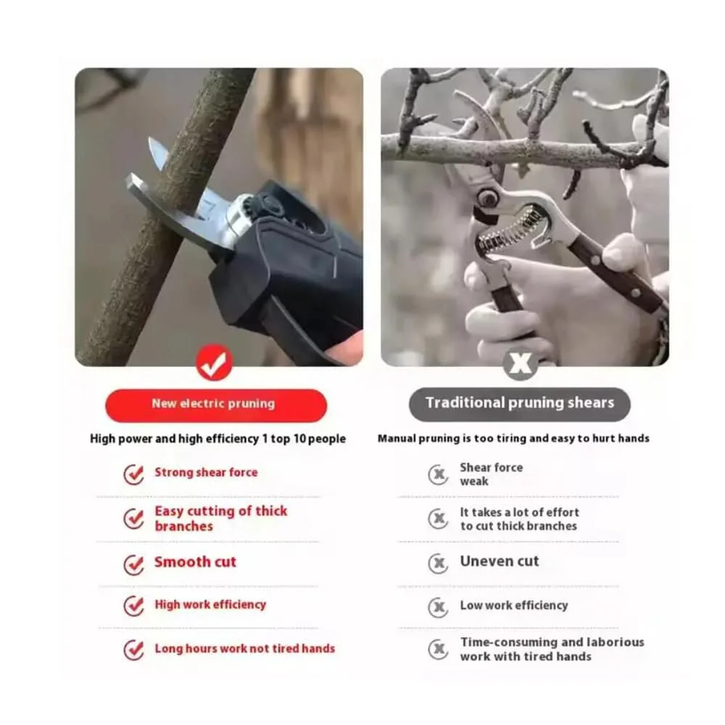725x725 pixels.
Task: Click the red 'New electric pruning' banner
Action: [216, 405]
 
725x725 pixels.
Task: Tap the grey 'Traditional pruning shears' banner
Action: [519, 404]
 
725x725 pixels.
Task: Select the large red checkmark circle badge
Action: [214, 362]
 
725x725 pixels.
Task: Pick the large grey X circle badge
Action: [520, 363]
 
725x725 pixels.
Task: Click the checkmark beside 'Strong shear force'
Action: [133, 474]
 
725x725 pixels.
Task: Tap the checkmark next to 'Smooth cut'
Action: [133, 564]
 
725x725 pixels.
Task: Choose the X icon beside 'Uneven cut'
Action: [438, 563]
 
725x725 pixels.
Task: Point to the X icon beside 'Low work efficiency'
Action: [438, 607]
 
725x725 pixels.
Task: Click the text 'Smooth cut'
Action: [195, 562]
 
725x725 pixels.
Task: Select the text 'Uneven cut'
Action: [500, 561]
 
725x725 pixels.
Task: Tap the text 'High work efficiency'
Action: [210, 605]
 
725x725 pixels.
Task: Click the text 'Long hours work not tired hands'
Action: [244, 648]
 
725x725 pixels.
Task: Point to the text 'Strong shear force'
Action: [206, 472]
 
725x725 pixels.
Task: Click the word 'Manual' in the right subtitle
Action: [397, 439]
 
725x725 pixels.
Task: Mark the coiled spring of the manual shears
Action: [510, 230]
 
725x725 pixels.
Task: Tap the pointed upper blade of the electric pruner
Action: [159, 155]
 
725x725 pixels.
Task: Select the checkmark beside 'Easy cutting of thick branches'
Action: [133, 519]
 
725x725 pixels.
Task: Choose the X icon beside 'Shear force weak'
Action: [438, 474]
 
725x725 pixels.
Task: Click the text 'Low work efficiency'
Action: [514, 605]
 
